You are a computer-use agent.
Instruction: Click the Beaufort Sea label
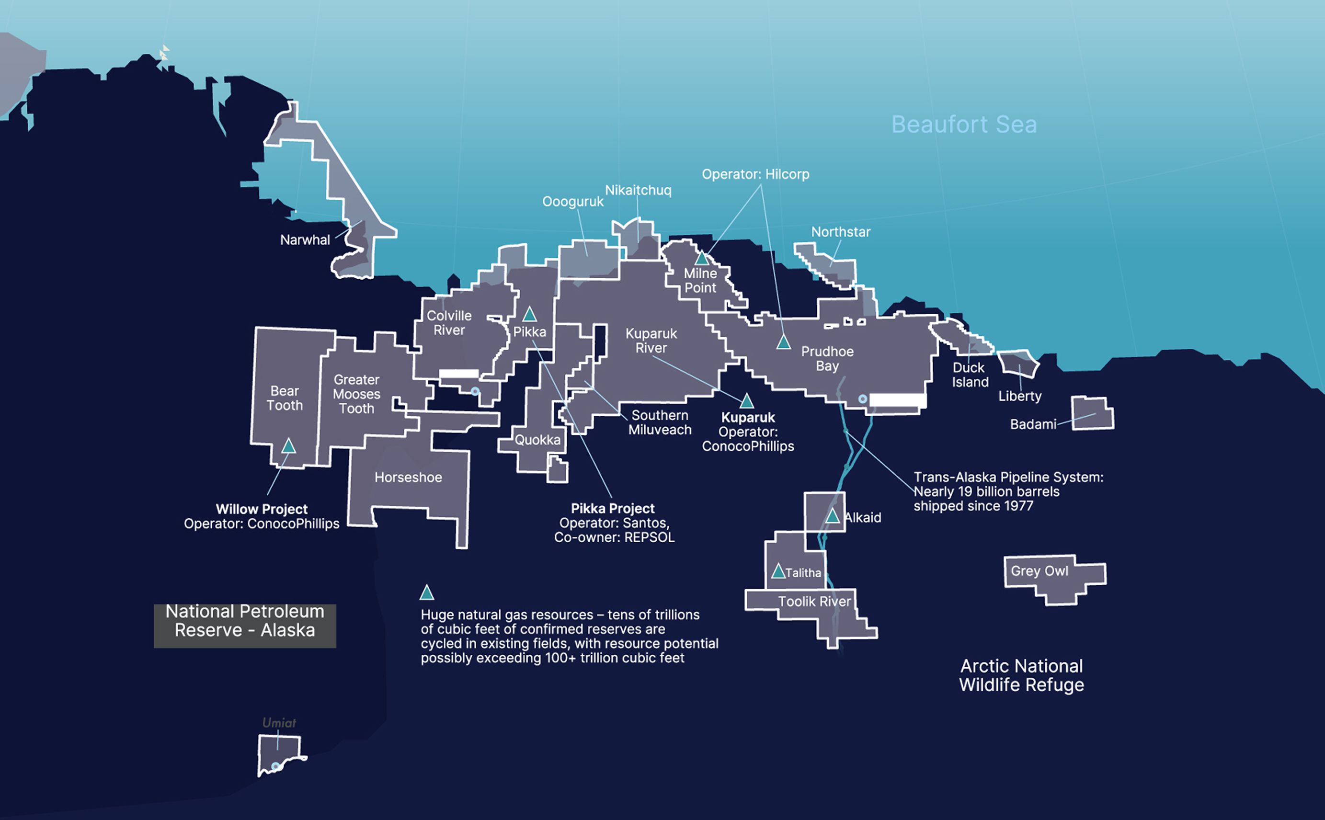pos(964,125)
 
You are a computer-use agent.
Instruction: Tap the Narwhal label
pos(305,239)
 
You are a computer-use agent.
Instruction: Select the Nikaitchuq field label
pos(638,190)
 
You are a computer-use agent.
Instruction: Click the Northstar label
pos(840,232)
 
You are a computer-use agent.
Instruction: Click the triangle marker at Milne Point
pos(701,258)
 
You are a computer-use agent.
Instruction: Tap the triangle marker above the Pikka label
pos(529,315)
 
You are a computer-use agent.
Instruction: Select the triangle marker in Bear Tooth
pos(288,446)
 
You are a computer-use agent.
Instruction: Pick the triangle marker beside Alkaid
pos(832,516)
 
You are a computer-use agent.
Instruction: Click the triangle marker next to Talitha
pos(778,571)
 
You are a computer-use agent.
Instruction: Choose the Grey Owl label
pos(1039,571)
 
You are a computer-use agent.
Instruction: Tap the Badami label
pos(1033,424)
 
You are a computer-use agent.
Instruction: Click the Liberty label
pos(1020,396)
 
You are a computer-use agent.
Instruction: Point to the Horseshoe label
pos(408,477)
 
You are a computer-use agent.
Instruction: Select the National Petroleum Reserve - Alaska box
pos(245,626)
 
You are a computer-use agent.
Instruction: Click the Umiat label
pos(279,723)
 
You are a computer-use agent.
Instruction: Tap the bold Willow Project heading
pos(262,509)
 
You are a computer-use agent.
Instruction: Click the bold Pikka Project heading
pos(612,509)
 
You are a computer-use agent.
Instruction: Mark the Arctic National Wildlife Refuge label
pos(1021,675)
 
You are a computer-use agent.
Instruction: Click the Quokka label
pos(537,440)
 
